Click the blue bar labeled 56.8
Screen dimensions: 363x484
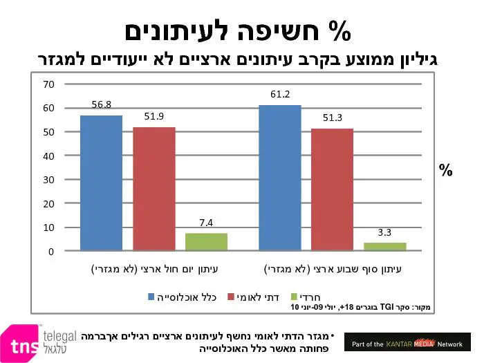[101, 183]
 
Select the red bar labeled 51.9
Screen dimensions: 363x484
[154, 189]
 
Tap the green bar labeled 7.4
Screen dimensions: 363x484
[206, 241]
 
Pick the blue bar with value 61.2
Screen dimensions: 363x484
[280, 178]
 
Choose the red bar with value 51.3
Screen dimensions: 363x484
[332, 189]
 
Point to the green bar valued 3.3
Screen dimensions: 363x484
[385, 246]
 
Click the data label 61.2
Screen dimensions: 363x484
[280, 94]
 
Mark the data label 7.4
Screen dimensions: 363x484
[206, 223]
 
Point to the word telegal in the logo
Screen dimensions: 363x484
[62, 336]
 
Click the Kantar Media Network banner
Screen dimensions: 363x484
[407, 342]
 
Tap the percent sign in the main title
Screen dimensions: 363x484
[339, 31]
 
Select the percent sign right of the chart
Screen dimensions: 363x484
[446, 170]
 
